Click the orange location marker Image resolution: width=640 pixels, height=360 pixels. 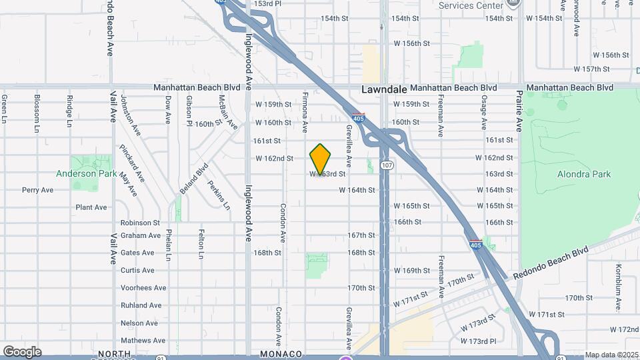click(321, 159)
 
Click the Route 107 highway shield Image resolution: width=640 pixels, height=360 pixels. click(386, 164)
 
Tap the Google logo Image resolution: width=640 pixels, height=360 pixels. click(22, 351)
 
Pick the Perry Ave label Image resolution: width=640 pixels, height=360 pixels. click(37, 190)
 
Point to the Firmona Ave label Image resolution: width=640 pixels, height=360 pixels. click(305, 111)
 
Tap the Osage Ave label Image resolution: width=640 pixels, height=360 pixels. click(485, 112)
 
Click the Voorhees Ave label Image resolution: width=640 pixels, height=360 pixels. click(137, 288)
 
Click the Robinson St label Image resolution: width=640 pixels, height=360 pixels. click(140, 223)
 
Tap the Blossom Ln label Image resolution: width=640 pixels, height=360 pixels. click(37, 111)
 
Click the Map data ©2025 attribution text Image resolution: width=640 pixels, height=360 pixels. click(611, 355)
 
